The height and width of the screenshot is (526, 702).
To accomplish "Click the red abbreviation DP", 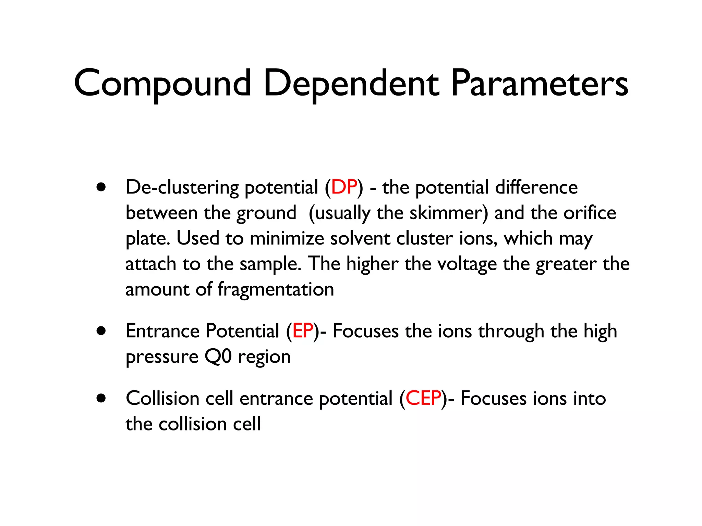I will click(344, 187).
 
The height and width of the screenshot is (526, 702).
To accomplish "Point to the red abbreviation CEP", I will click(423, 398).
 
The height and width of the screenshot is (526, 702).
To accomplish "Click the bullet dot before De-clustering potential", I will click(101, 187).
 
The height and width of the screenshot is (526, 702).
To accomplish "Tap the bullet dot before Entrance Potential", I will click(101, 331).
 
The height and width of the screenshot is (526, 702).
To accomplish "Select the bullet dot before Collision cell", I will click(101, 398).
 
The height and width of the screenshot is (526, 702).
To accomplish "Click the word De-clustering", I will click(182, 187).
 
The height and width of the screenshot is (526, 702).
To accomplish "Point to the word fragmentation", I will click(276, 290).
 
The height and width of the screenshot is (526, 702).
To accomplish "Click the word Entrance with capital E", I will click(162, 331).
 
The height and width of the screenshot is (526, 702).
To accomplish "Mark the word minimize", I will click(287, 238).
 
